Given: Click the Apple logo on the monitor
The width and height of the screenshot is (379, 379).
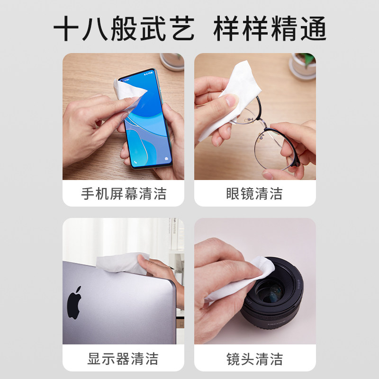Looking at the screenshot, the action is tap(74, 303).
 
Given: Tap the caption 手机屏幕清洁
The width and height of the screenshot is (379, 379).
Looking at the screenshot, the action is tap(124, 194).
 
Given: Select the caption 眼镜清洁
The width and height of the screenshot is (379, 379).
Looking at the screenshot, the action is tap(254, 194).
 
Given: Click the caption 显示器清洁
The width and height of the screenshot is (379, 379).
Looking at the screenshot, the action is tap(123, 359).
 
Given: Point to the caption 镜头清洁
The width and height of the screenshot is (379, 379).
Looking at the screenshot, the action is tap(254, 359).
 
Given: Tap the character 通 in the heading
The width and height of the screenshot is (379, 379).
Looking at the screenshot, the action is tap(314, 28).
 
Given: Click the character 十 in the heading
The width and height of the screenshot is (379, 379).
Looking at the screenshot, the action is tap(66, 28).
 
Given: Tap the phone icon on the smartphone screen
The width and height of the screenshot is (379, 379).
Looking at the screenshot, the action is tap(135, 162).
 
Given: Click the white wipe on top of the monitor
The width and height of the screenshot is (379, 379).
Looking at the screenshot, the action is tap(123, 263).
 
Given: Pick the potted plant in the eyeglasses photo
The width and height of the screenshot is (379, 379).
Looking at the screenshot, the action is tap(302, 66).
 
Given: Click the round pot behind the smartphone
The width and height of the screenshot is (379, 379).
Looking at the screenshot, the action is tap(172, 62).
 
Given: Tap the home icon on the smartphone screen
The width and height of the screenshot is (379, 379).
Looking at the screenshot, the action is tap(166, 159).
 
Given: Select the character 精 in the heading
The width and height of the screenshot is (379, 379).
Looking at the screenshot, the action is tap(284, 28).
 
